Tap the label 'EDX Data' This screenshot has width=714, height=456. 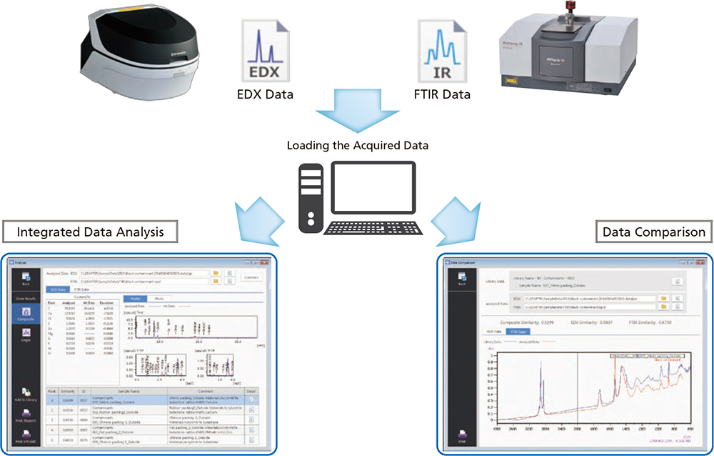(265, 94)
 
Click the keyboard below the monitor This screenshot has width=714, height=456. (371, 228)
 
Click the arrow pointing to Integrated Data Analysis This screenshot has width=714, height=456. (258, 214)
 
